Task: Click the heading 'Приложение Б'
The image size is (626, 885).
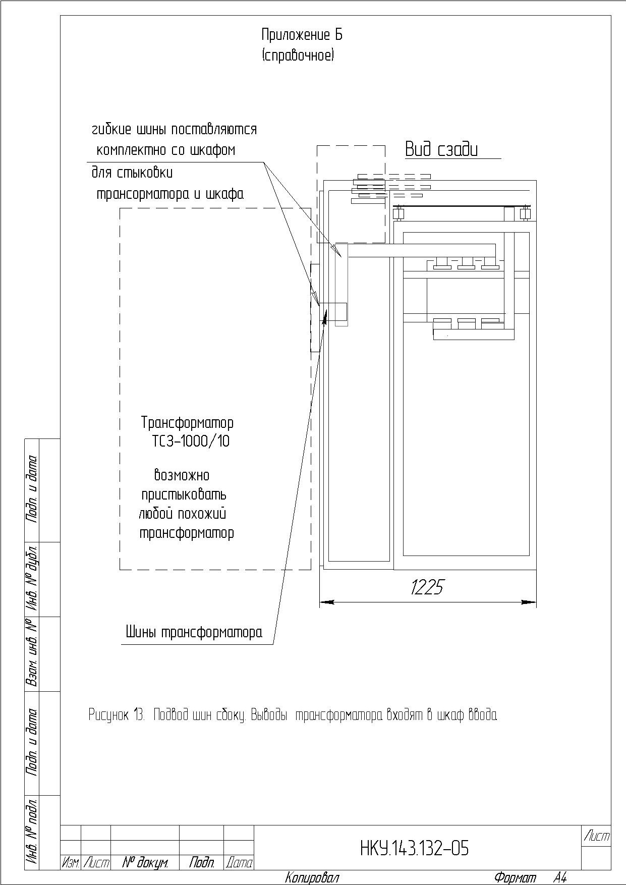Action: tap(302, 35)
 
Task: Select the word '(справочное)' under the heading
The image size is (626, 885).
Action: tap(298, 55)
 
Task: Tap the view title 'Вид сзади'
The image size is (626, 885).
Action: tap(441, 149)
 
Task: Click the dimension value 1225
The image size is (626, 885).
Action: tap(427, 587)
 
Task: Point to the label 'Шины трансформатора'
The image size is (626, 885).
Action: tap(194, 632)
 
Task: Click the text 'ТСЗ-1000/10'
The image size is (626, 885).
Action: tap(191, 441)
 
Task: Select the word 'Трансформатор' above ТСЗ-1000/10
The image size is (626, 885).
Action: tap(188, 422)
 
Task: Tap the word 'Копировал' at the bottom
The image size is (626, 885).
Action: tap(312, 877)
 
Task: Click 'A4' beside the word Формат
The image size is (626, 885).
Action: tap(559, 877)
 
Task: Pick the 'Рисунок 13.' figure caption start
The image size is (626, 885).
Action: tap(117, 714)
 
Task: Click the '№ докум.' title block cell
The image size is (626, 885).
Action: tap(145, 862)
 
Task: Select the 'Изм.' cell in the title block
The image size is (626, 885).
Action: tap(71, 863)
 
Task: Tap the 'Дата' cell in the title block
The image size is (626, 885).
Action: tap(239, 863)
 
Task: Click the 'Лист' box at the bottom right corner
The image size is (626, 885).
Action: tap(596, 836)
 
